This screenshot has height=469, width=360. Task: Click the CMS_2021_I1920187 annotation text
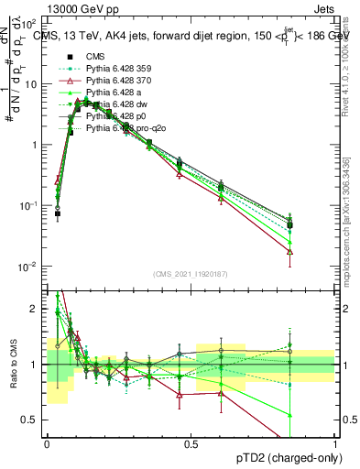(x=191, y=274)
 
